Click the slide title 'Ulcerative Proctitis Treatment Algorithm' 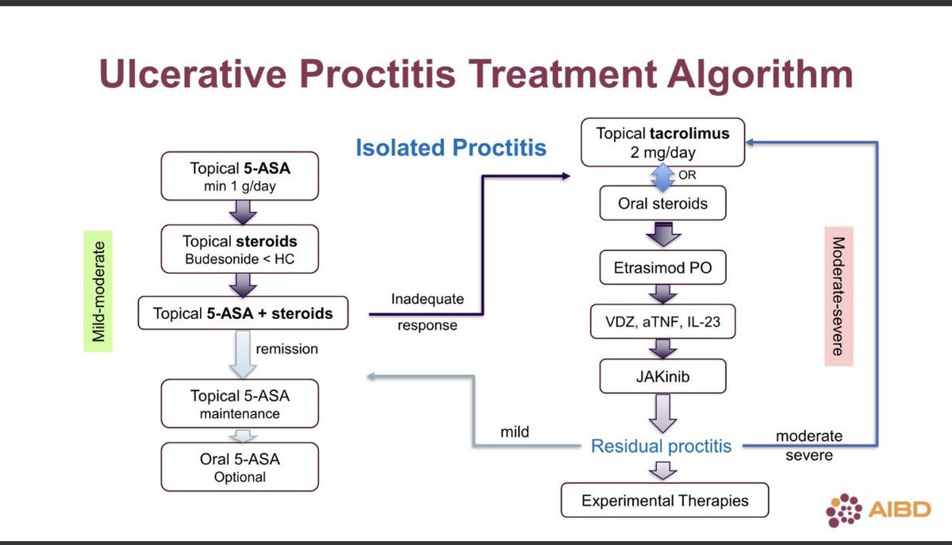click(476, 76)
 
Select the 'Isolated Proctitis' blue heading click(451, 148)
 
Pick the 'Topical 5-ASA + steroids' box click(243, 313)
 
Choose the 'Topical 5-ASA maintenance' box click(240, 403)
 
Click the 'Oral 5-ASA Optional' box click(240, 466)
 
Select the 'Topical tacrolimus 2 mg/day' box click(662, 142)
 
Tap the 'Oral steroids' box click(662, 204)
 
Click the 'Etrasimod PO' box click(662, 267)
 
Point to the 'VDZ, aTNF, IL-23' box click(662, 322)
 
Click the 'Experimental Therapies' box click(664, 501)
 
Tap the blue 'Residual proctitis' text click(661, 447)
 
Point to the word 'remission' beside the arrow click(286, 348)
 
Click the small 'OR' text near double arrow click(687, 175)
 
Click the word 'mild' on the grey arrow click(514, 433)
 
